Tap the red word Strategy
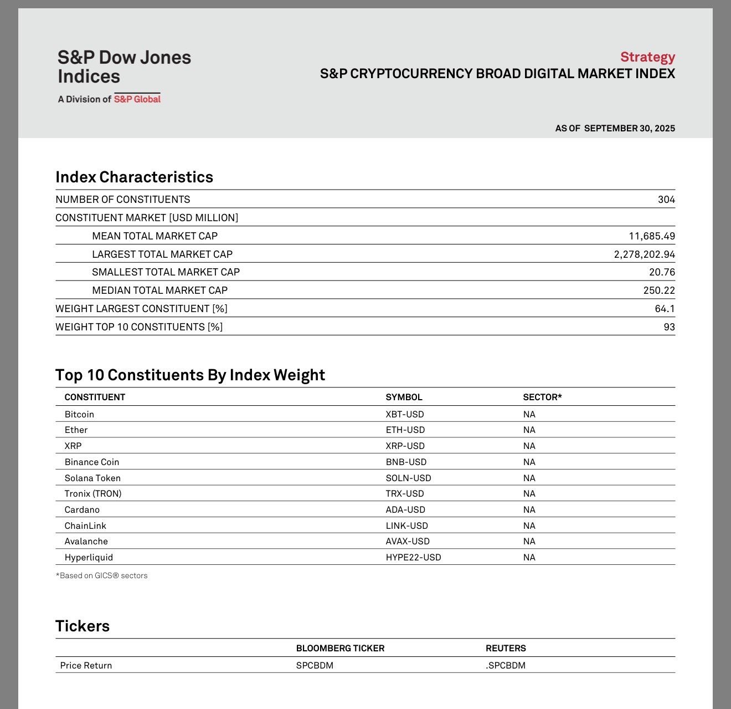coord(647,57)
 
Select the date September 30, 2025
coord(629,128)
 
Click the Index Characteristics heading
coord(134,177)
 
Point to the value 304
coord(666,200)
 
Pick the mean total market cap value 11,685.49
coord(652,236)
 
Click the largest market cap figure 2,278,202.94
coord(644,254)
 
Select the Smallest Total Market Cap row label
coord(166,272)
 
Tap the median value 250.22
coord(658,290)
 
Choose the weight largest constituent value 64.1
coord(665,309)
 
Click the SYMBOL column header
coord(404,397)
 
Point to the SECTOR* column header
coord(542,397)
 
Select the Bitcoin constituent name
coord(79,415)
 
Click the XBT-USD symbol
coord(405,415)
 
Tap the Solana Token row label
coord(92,478)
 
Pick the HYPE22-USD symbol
coord(413,557)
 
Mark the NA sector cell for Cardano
coord(529,509)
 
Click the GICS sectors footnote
coord(101,575)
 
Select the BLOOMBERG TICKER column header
coord(340,648)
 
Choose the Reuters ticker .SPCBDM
coord(506,665)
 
